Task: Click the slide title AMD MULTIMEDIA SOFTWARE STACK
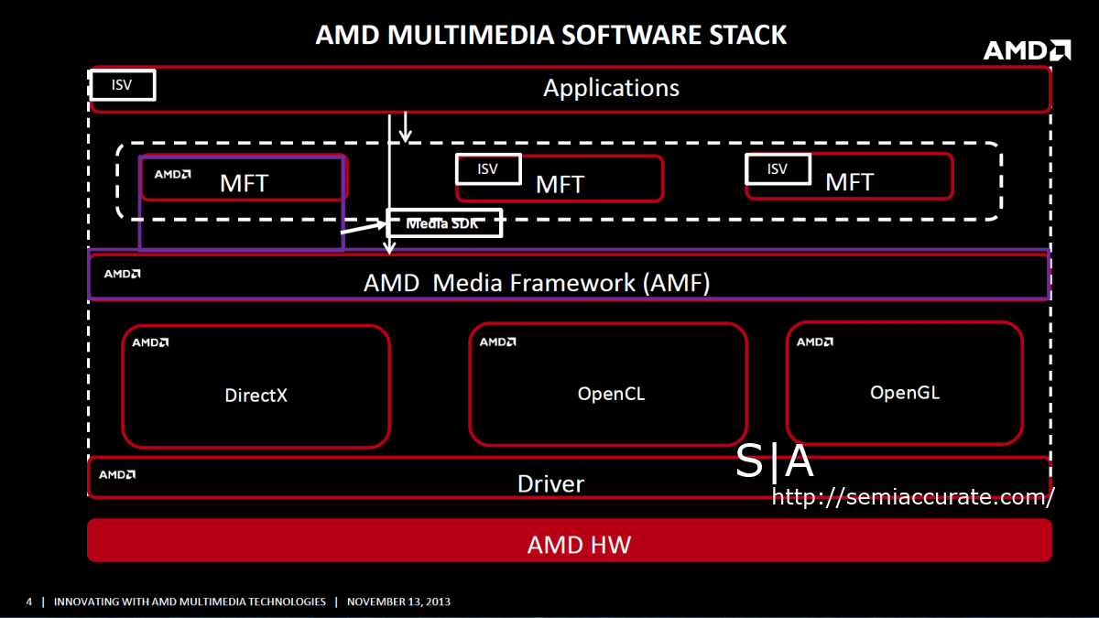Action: (550, 35)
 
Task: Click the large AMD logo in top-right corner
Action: (1027, 50)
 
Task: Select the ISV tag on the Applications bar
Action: (122, 85)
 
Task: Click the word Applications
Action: (611, 88)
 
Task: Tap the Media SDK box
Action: (444, 222)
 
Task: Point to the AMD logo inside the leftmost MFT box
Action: (172, 174)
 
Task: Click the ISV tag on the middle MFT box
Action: (488, 168)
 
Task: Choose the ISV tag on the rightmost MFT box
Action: (778, 168)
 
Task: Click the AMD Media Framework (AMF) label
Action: (537, 283)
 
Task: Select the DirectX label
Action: (256, 396)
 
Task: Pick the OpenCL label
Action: (611, 394)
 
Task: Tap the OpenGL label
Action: (905, 393)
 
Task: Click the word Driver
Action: (550, 483)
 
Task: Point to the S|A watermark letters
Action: (775, 462)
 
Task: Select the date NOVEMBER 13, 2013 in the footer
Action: (398, 602)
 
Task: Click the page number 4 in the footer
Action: (28, 602)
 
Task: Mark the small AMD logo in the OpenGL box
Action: (814, 342)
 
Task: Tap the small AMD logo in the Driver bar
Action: (117, 474)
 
